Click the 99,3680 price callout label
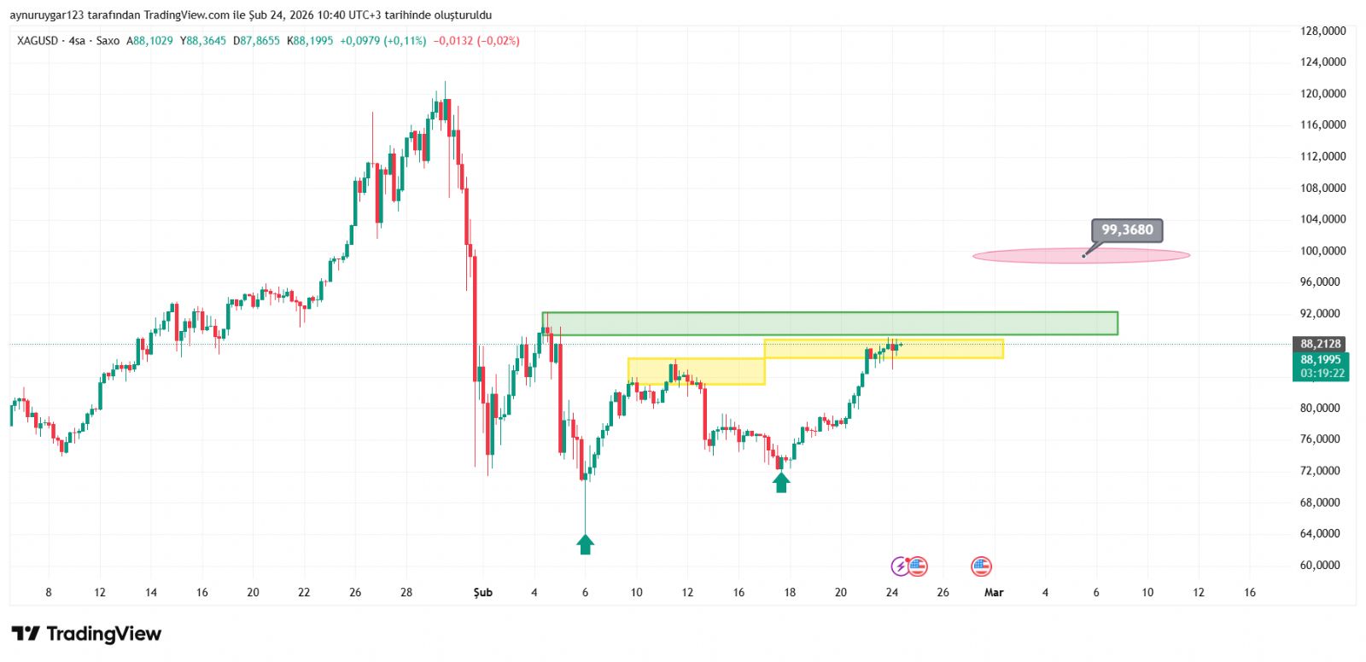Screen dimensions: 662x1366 point(1127,230)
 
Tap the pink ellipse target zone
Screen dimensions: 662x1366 point(1081,255)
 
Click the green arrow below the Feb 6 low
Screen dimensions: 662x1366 point(585,544)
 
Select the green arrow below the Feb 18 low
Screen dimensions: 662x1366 point(781,483)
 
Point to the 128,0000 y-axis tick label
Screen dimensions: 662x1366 point(1322,31)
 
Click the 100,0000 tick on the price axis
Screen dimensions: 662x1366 point(1322,251)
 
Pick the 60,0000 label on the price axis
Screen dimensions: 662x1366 point(1322,565)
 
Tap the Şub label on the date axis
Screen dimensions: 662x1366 point(483,592)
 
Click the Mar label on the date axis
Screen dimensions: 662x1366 point(994,592)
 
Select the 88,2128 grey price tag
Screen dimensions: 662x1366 point(1321,344)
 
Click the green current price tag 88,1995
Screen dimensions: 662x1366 point(1321,360)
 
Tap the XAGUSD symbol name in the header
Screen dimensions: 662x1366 point(38,41)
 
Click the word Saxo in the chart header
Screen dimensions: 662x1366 point(108,41)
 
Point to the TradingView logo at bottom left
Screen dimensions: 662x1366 point(86,634)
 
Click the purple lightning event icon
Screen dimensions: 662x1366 point(900,566)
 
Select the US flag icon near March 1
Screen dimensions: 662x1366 point(981,566)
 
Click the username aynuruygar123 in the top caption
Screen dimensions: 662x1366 point(47,15)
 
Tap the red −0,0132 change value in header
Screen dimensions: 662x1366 point(452,41)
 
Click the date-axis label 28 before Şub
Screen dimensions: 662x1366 point(406,592)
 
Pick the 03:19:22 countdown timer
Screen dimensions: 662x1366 point(1322,374)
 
